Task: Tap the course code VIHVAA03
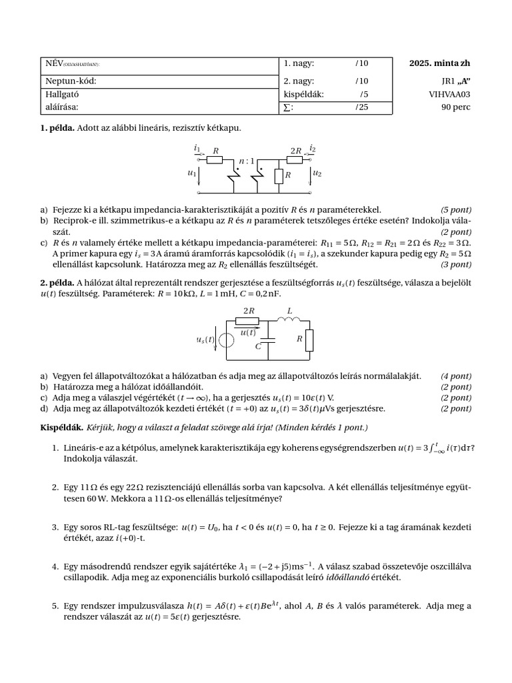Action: [x=449, y=94]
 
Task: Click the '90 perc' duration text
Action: [x=455, y=106]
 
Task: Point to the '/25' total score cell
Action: [x=361, y=106]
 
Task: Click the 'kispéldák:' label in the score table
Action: [x=303, y=94]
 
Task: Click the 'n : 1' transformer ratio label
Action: [x=247, y=161]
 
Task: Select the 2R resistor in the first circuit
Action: [x=295, y=159]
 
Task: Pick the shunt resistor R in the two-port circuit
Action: [x=279, y=175]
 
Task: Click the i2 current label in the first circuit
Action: [x=313, y=148]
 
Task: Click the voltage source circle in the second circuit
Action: [x=227, y=339]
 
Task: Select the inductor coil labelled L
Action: [x=289, y=319]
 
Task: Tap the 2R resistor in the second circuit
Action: [x=248, y=321]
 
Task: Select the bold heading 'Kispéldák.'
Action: [x=61, y=427]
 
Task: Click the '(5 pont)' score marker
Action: [x=456, y=209]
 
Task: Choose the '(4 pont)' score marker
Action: [x=456, y=376]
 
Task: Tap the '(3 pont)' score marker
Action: [x=456, y=264]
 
